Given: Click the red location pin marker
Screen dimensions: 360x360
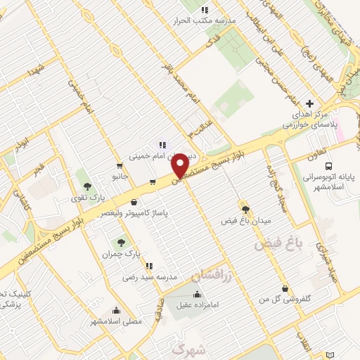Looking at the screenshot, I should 181,165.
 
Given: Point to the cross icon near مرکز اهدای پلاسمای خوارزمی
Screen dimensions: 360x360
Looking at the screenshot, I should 310,103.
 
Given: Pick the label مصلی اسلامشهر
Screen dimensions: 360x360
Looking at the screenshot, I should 116,321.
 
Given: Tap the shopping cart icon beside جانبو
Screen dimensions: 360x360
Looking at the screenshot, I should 152,182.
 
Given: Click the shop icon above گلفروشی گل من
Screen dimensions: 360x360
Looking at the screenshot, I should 284,288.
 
